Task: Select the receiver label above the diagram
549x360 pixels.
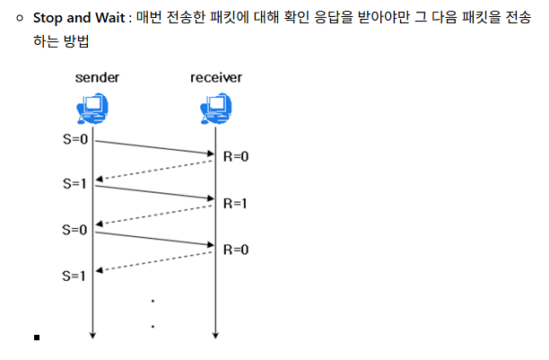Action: point(216,78)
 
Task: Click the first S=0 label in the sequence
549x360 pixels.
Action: point(74,140)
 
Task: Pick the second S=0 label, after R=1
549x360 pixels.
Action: point(74,229)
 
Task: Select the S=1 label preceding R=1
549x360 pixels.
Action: point(74,184)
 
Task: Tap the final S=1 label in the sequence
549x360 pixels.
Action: point(74,275)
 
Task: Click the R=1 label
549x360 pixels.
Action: point(235,203)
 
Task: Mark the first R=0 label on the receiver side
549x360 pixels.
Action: point(235,156)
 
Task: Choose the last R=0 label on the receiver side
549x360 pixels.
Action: point(235,249)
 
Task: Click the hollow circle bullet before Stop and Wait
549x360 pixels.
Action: point(18,19)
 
